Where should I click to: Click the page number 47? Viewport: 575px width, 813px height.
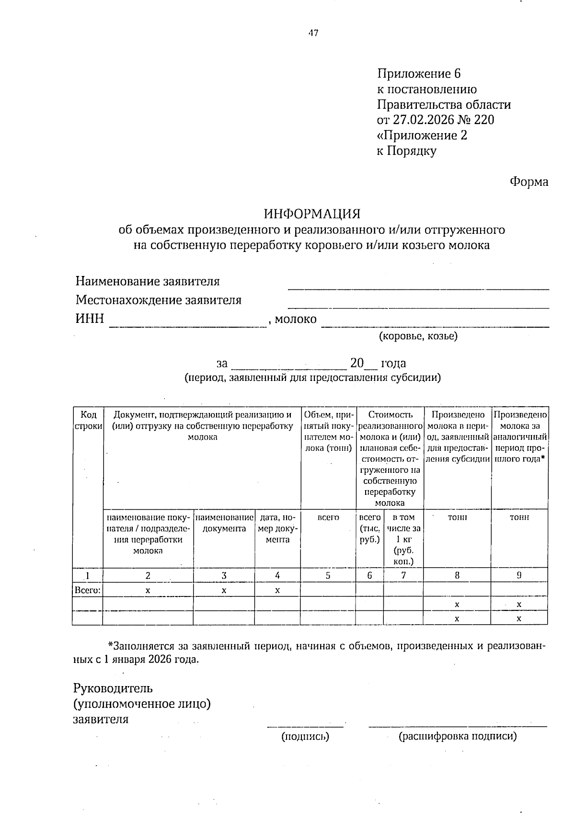(313, 33)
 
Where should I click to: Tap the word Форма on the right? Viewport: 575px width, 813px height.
(529, 182)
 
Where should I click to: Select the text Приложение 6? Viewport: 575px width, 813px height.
(419, 74)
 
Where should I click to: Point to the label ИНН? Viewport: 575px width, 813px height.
(90, 319)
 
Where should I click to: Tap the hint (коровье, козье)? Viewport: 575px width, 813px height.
(418, 336)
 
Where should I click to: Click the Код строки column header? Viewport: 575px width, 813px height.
(88, 420)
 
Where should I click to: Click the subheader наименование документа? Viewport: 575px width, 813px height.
(224, 523)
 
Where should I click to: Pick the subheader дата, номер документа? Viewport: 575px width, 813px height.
(277, 528)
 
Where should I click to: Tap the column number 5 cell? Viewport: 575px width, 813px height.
(328, 576)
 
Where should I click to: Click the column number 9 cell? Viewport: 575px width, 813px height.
(519, 576)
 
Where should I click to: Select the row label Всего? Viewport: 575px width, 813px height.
(88, 590)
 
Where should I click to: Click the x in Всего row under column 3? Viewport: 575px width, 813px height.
(224, 591)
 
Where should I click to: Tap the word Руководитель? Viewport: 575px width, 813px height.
(113, 688)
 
